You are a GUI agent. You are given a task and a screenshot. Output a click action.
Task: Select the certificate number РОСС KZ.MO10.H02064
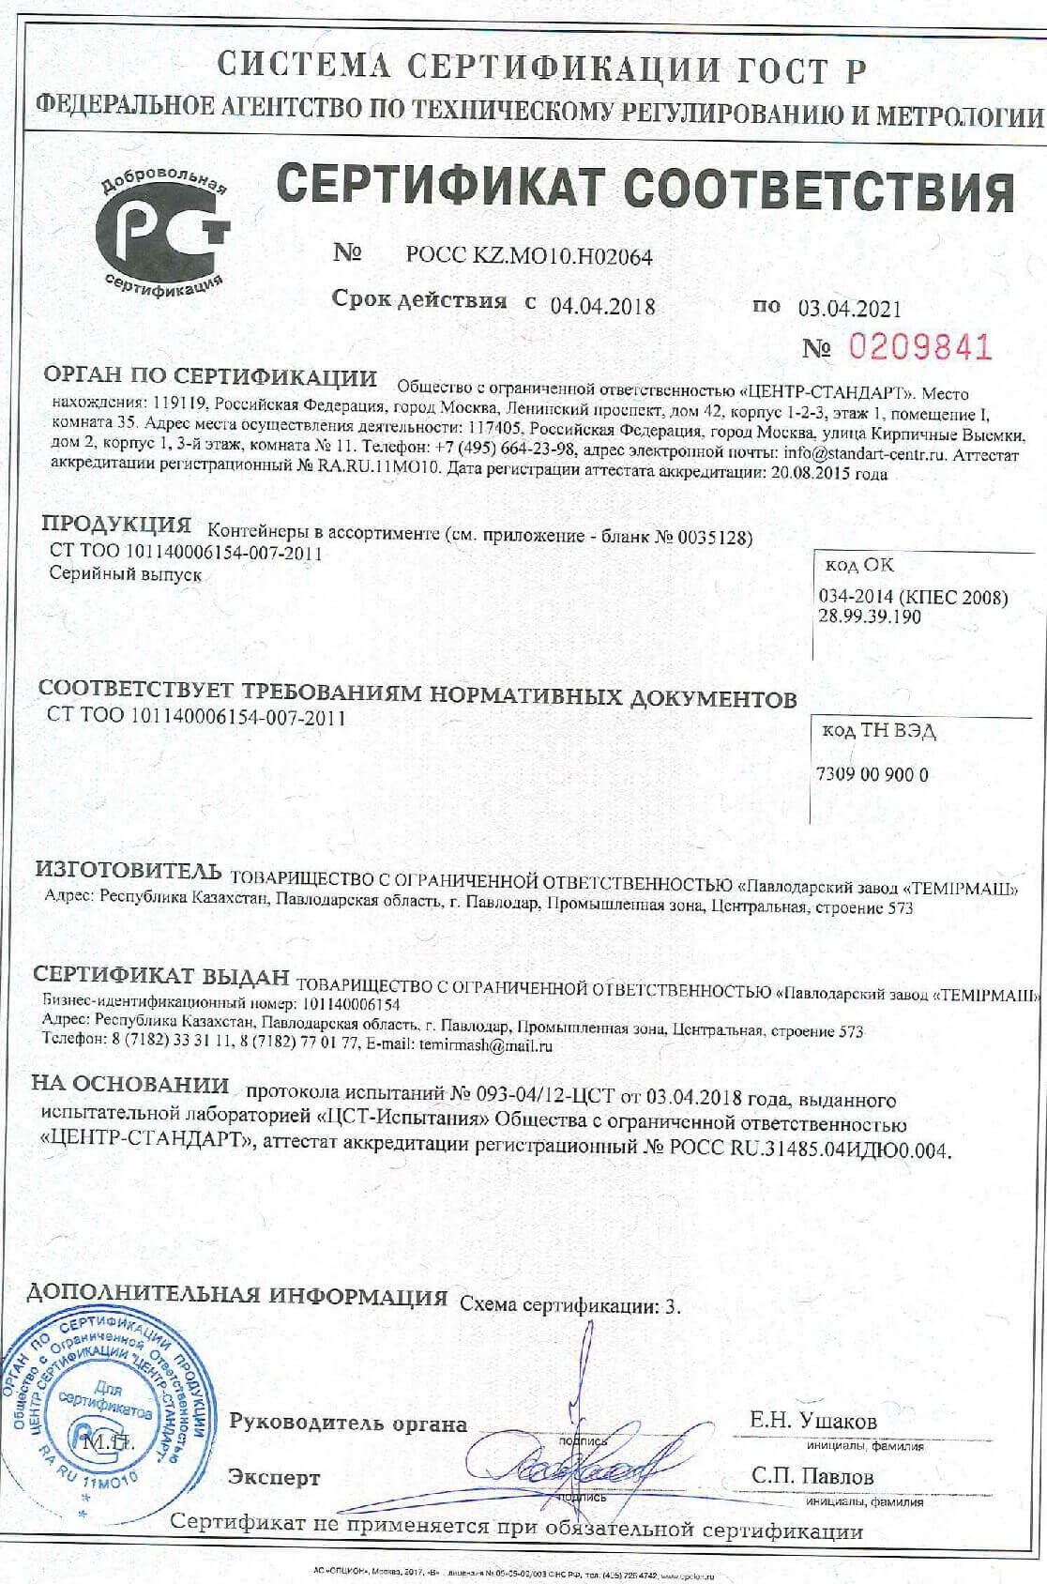pos(529,255)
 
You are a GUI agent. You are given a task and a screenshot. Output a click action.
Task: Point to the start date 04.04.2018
pos(602,306)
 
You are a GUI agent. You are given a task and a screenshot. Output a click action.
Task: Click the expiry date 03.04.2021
pos(849,308)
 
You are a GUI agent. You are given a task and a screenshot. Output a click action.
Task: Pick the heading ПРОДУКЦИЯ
pos(116,524)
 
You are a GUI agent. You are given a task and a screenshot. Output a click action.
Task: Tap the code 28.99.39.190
pos(870,617)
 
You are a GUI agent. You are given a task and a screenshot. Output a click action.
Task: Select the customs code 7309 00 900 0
pos(872,775)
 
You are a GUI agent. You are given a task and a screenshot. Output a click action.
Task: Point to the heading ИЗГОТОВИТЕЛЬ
pos(129,870)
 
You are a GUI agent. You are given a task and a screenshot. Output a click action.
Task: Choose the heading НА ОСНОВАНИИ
pos(130,1085)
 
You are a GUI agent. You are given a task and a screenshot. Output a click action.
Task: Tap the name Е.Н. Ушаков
pos(812,1421)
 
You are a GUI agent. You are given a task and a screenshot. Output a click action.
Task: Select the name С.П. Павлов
pos(812,1476)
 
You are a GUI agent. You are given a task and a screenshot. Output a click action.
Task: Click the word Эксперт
pos(274,1478)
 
